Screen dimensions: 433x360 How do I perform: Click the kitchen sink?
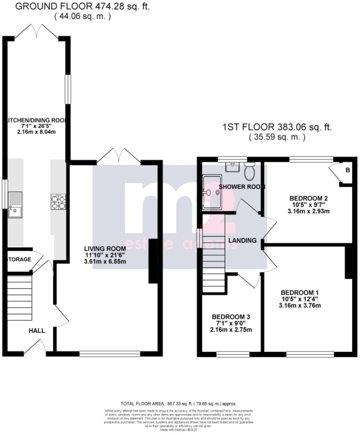pyautogui.click(x=15, y=205)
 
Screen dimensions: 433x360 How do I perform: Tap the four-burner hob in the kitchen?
pyautogui.click(x=58, y=202)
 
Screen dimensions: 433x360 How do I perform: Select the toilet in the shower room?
pyautogui.click(x=250, y=172)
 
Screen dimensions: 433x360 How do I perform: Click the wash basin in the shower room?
pyautogui.click(x=232, y=167)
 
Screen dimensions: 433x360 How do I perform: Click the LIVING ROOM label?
pyautogui.click(x=105, y=249)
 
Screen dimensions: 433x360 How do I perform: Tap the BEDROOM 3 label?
pyautogui.click(x=231, y=317)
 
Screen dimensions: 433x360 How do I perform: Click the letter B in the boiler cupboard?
pyautogui.click(x=347, y=170)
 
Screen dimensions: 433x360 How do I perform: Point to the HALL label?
pyautogui.click(x=37, y=331)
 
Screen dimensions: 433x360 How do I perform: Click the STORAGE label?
pyautogui.click(x=19, y=259)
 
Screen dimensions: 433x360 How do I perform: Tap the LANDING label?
pyautogui.click(x=242, y=240)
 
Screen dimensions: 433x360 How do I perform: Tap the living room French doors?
pyautogui.click(x=119, y=156)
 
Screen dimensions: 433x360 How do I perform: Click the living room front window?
pyautogui.click(x=110, y=354)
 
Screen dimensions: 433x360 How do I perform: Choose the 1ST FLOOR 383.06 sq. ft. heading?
pyautogui.click(x=277, y=127)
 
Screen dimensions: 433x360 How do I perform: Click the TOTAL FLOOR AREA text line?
pyautogui.click(x=179, y=404)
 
